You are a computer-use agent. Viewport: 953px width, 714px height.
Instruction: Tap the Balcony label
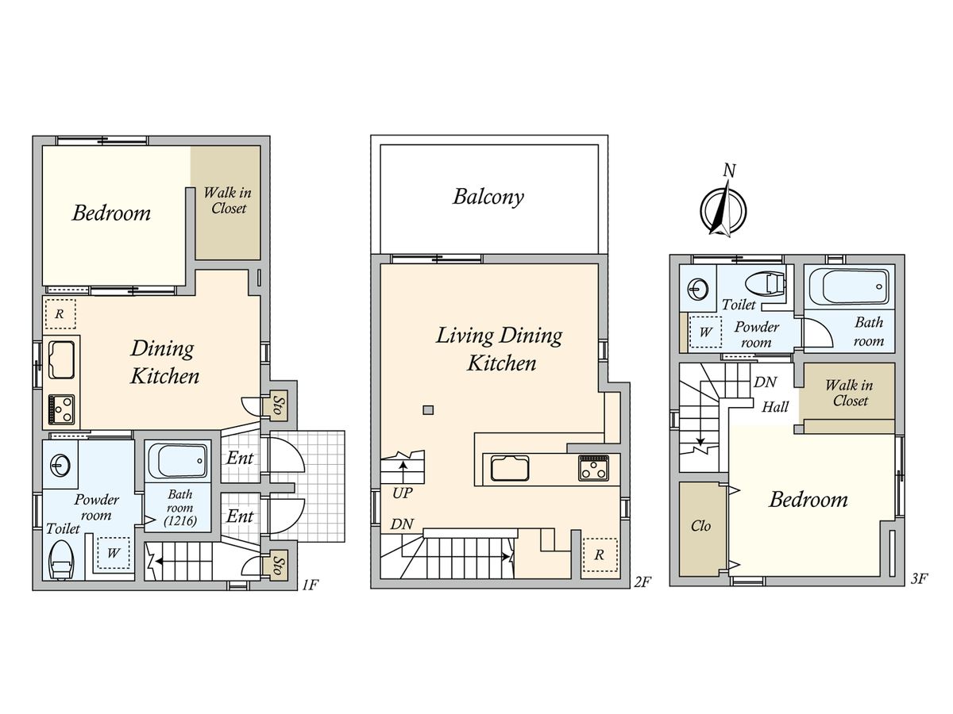coord(488,198)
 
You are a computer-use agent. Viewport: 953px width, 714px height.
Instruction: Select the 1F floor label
coord(311,585)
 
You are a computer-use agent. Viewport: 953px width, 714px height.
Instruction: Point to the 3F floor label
coord(919,579)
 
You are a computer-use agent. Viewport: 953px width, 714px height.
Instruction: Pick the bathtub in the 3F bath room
coord(849,287)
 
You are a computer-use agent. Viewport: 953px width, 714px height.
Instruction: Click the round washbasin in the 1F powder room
coord(60,466)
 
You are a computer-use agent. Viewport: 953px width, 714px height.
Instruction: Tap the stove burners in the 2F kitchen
coord(593,468)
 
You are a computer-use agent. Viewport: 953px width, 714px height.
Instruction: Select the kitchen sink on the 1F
coord(61,360)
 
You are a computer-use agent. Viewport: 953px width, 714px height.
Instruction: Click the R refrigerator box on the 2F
coord(599,555)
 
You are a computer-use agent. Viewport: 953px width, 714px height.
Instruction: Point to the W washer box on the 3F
coord(705,332)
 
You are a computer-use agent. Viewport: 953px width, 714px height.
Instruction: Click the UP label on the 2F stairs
coord(402,493)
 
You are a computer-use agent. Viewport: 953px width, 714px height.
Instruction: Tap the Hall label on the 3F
coord(775,407)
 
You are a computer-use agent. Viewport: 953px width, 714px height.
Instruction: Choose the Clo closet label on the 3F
coord(700,526)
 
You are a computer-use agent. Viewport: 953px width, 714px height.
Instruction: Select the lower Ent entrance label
coord(240,516)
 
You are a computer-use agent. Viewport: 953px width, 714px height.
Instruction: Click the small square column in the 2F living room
coord(428,409)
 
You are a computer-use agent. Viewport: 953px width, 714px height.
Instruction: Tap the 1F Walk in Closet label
coord(227,200)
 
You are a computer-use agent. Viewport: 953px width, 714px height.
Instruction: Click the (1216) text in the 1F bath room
coord(180,520)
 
